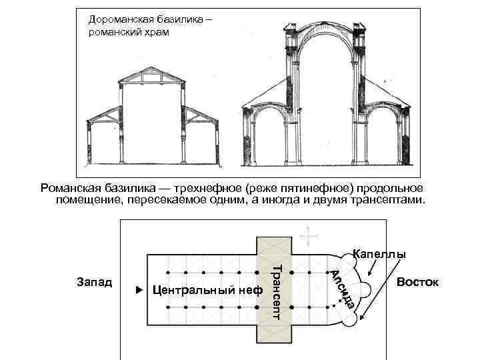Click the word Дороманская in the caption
tap(120, 19)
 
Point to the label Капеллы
tap(379, 254)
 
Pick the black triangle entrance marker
tap(138, 291)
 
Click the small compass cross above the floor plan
tap(308, 236)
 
